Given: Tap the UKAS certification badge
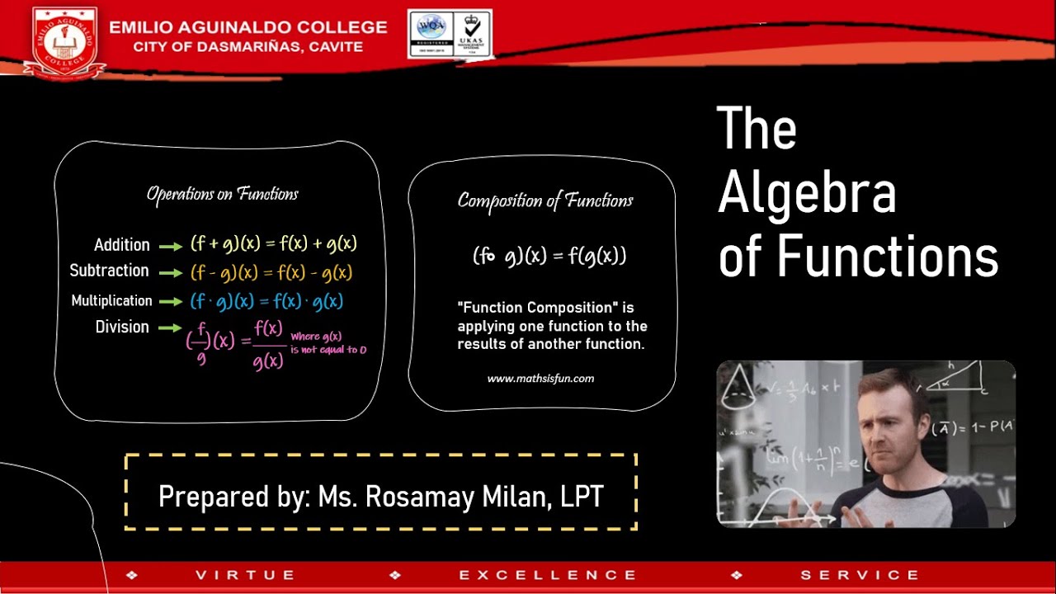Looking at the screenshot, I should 471,33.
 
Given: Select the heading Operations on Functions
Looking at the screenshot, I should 222,194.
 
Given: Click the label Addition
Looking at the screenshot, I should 122,245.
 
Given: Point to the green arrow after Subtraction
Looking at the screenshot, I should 170,272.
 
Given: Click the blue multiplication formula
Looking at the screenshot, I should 266,301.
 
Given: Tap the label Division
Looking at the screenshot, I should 122,328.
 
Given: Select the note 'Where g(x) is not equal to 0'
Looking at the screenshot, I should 328,343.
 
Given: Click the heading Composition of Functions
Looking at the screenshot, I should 545,200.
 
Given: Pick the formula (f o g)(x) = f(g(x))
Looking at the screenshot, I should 549,256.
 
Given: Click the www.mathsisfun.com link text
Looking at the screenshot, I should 540,379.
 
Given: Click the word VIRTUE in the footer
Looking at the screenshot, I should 245,575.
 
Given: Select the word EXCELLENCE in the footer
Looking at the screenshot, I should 548,575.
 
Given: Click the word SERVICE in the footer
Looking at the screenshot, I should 860,575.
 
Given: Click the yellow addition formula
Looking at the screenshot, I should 274,244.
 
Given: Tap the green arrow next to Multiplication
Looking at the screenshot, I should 170,302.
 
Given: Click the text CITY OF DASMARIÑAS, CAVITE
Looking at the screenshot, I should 247,46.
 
